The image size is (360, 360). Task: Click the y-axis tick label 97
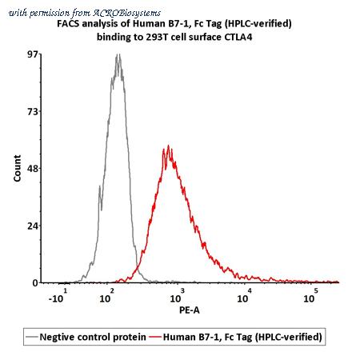click(33, 54)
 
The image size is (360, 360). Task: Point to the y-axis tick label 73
click(33, 111)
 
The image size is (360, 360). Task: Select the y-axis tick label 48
click(33, 168)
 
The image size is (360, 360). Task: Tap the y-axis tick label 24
click(33, 226)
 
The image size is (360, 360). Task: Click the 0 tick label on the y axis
click(35, 283)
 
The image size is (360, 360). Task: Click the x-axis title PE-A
click(190, 310)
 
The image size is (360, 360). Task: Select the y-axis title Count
click(18, 168)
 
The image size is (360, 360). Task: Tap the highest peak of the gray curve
click(117, 54)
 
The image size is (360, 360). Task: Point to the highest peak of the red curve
click(168, 146)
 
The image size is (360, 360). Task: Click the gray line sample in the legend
click(31, 337)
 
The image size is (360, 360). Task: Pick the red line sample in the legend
click(155, 337)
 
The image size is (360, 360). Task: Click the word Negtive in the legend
click(57, 337)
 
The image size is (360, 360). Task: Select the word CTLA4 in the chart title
click(238, 37)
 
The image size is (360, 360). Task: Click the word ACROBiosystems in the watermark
click(126, 13)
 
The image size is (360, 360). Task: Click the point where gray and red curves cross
click(138, 267)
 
